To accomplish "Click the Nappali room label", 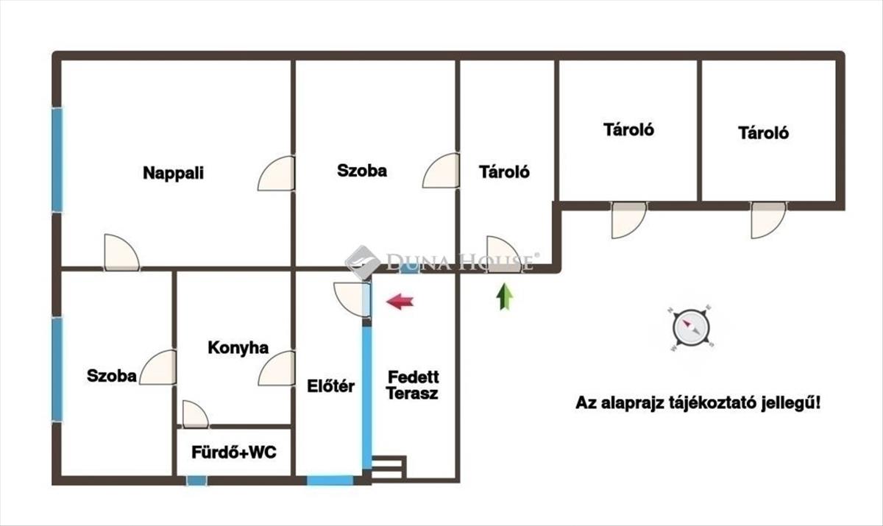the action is click(173, 174).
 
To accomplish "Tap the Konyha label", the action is click(238, 348).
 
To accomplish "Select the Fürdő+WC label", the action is click(234, 452).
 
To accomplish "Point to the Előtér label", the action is click(330, 386).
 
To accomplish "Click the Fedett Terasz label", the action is click(413, 385).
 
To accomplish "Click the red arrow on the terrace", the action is click(400, 302).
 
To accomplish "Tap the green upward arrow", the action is click(505, 296).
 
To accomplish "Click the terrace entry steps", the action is click(389, 469).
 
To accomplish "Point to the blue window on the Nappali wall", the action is click(57, 160).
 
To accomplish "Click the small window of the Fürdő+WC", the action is click(196, 480).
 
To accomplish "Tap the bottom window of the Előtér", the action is click(330, 480).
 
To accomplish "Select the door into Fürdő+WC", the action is click(195, 414).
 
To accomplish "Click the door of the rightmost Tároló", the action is click(768, 220).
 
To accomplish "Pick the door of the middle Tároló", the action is click(628, 220).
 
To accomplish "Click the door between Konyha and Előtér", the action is click(277, 369).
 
